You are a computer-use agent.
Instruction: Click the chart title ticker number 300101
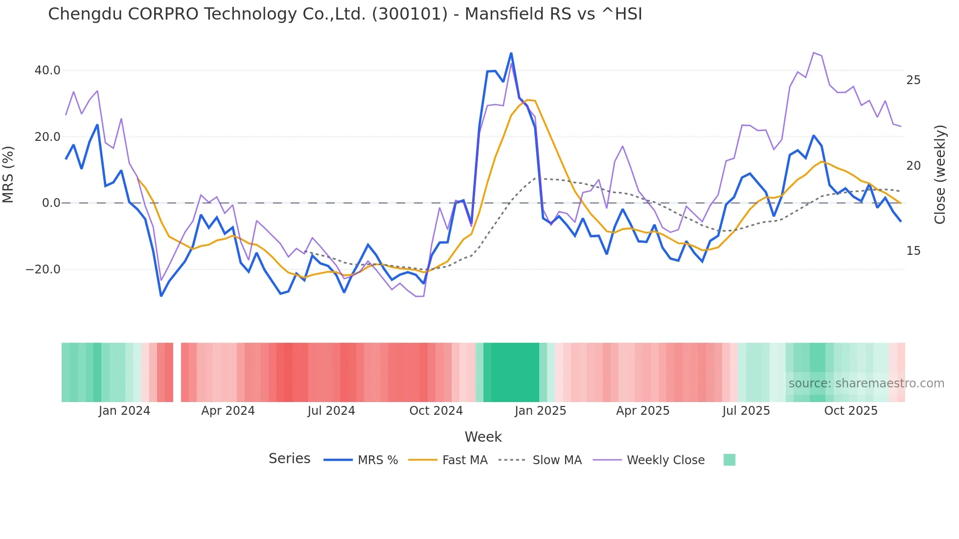pos(410,14)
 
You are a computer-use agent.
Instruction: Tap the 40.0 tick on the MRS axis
pos(47,70)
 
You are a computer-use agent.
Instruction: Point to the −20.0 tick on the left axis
pos(43,269)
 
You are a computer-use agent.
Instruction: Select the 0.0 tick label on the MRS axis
pos(51,203)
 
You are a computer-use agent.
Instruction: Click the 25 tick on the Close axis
pos(913,80)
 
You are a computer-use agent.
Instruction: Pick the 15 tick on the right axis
pos(913,251)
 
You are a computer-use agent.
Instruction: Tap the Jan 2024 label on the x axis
pos(124,411)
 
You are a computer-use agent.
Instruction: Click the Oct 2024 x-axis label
pos(436,411)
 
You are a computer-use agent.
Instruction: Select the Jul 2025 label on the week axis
pos(746,411)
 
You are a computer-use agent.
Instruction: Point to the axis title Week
pos(483,437)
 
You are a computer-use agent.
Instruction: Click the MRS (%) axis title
pos(8,175)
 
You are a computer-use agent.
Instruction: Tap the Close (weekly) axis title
pos(940,175)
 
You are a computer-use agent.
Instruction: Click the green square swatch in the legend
pos(729,460)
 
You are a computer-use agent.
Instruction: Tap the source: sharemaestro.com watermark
pos(866,383)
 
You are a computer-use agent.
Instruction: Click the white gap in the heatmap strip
pos(177,372)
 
